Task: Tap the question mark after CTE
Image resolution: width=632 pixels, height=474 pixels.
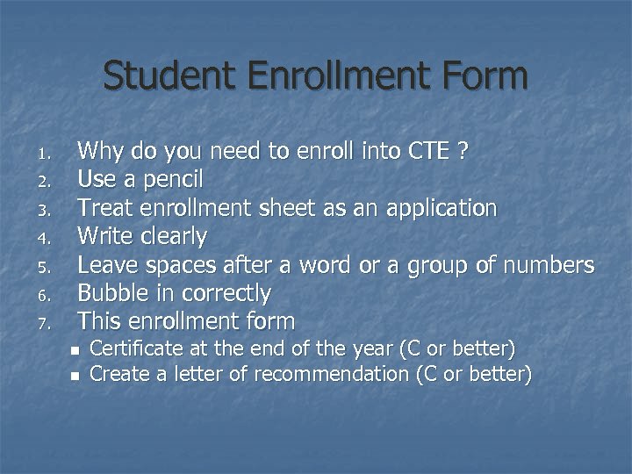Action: click(x=463, y=152)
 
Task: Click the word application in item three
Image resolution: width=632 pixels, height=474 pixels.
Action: click(x=436, y=209)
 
